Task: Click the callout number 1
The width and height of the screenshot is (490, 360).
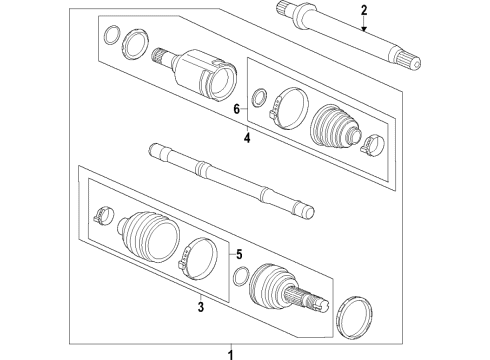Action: (x=231, y=353)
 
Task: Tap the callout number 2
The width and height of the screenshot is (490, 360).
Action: (x=364, y=11)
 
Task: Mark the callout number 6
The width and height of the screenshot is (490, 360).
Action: (x=237, y=109)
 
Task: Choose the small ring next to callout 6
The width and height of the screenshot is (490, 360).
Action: (x=259, y=97)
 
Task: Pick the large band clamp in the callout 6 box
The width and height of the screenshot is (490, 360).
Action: (x=291, y=108)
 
